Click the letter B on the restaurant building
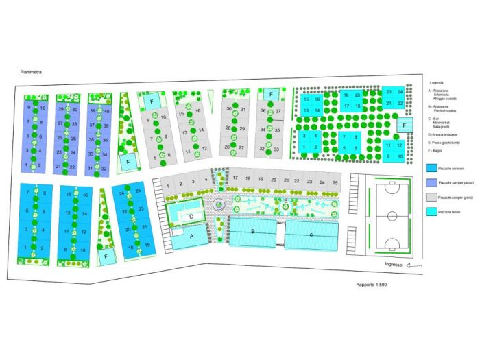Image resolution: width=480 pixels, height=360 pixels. (x=253, y=232)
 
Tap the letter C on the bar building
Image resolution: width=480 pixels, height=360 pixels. (x=311, y=234)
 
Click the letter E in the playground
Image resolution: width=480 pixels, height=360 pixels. (x=285, y=200)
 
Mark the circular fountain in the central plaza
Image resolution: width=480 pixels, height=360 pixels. (x=218, y=204)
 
